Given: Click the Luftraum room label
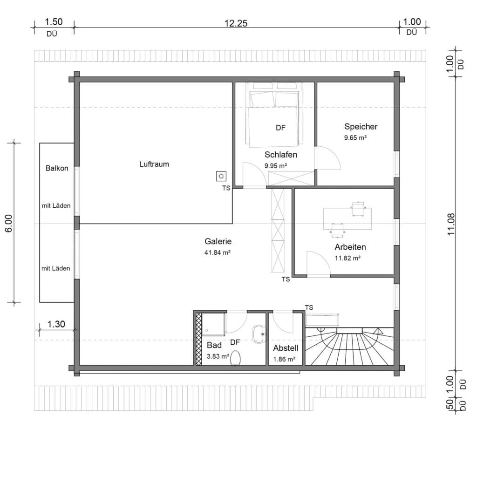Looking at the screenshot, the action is pyautogui.click(x=154, y=164).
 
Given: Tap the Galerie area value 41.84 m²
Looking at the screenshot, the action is pyautogui.click(x=217, y=252).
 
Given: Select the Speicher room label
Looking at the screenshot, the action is pyautogui.click(x=361, y=127).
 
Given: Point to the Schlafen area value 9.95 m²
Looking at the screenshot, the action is pyautogui.click(x=276, y=166).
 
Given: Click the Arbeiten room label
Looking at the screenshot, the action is pyautogui.click(x=350, y=247).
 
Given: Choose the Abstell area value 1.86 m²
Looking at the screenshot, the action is pyautogui.click(x=284, y=359).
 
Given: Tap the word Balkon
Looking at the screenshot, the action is pyautogui.click(x=57, y=168).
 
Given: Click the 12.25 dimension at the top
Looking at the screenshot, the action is pyautogui.click(x=236, y=23).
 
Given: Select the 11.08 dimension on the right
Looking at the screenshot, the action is pyautogui.click(x=451, y=224).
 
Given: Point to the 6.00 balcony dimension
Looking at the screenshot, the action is pyautogui.click(x=8, y=223).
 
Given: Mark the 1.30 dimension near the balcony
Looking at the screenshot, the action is pyautogui.click(x=56, y=324).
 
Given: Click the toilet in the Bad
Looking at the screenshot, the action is pyautogui.click(x=235, y=357).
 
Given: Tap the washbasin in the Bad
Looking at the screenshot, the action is pyautogui.click(x=259, y=334).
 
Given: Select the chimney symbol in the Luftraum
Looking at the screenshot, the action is pyautogui.click(x=221, y=176).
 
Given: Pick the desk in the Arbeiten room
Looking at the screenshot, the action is pyautogui.click(x=348, y=219).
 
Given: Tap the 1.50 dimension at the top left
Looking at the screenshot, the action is pyautogui.click(x=54, y=22).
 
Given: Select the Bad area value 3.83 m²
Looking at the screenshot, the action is pyautogui.click(x=218, y=356).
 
